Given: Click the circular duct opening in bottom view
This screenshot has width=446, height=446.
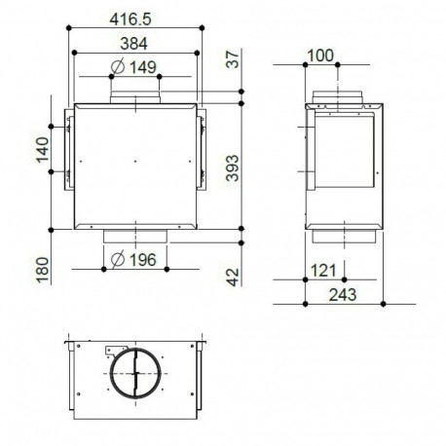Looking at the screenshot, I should [133, 375].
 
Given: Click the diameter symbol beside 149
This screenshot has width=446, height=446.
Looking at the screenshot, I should [117, 67].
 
